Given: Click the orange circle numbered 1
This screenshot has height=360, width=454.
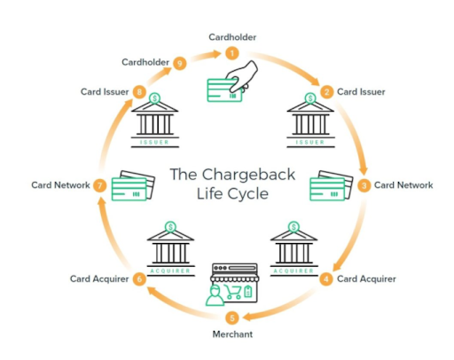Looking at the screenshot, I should (x=232, y=53).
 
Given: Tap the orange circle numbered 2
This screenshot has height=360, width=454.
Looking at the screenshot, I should (x=326, y=91).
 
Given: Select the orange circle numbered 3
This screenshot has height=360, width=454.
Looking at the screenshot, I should (x=364, y=185).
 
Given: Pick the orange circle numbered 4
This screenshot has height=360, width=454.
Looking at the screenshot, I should (x=326, y=279).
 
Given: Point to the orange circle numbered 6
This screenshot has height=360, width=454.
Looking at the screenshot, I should (x=139, y=279).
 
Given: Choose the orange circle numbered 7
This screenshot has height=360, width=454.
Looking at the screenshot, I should (x=100, y=185).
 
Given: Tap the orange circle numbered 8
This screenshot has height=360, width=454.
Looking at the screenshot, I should (x=139, y=91).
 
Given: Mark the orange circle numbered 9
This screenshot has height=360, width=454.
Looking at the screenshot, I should (x=180, y=62).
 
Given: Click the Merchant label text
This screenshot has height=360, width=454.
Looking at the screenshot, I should (x=232, y=334).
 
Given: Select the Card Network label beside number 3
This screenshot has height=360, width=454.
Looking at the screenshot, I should (x=403, y=185).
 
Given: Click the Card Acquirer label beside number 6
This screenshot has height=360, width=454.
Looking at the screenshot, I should (x=100, y=279).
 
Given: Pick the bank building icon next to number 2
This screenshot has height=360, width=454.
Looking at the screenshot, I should (x=310, y=120).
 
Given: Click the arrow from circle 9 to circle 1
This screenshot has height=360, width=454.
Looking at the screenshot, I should (x=206, y=56).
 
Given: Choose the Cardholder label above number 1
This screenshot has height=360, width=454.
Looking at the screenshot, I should (x=232, y=36).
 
